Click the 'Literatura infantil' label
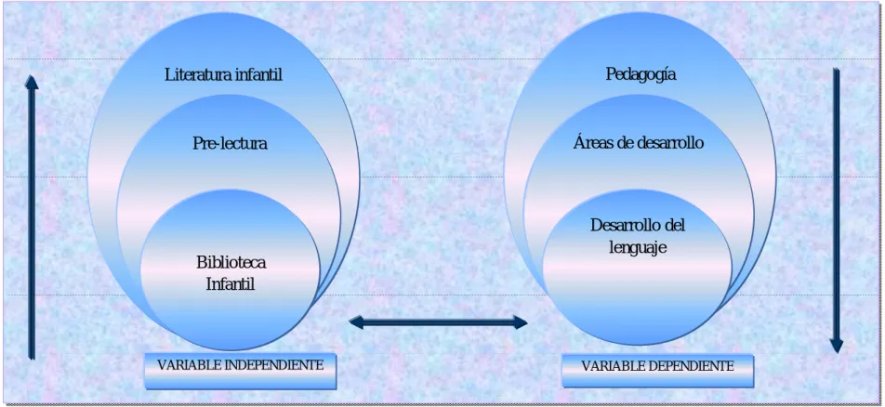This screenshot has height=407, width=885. point(223,74)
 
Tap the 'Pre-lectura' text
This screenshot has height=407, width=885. point(230,143)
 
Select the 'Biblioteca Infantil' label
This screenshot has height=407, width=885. point(231,272)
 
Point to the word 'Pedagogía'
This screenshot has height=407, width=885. point(641,75)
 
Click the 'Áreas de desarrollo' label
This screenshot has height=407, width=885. point(639,143)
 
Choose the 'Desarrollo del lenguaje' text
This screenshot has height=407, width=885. point(638,237)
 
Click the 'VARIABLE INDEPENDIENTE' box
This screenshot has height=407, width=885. point(241,371)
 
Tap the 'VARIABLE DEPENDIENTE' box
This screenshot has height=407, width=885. point(657,371)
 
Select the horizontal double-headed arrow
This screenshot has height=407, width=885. point(438,322)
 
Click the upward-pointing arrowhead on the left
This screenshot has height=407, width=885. point(32,83)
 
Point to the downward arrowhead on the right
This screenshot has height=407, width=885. point(837,346)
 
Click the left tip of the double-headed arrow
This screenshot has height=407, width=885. point(350,322)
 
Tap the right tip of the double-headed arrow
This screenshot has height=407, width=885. point(527,322)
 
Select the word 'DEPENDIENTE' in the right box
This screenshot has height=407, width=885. point(692,366)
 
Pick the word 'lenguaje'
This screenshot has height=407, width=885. point(638,248)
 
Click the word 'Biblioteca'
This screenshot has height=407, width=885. point(231,262)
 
